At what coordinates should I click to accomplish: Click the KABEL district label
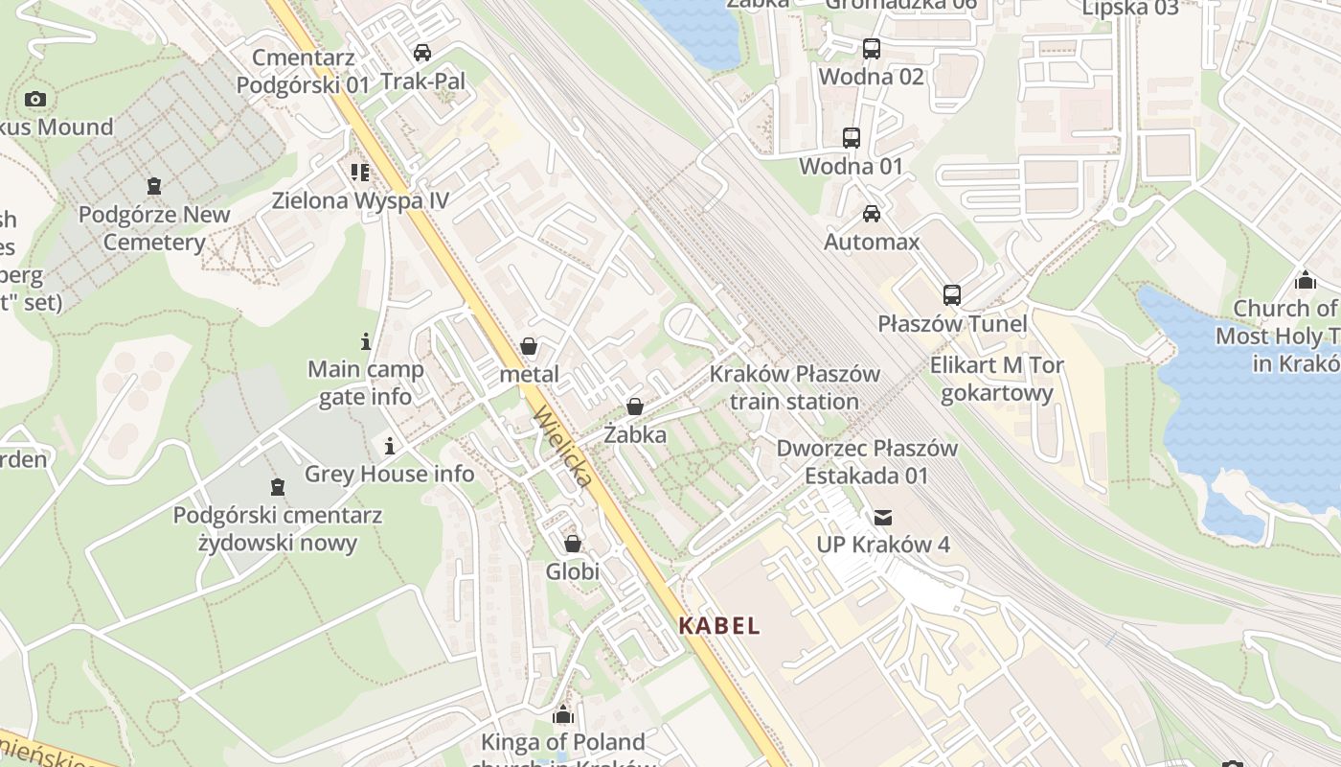719,626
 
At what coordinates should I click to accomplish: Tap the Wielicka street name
563,446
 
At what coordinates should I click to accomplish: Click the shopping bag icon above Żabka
634,407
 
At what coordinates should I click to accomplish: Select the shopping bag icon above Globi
573,545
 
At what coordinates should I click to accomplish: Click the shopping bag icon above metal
529,346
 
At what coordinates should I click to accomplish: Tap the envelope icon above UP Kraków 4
882,518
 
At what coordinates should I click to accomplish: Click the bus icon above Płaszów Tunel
951,295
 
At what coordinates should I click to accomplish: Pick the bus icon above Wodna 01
851,138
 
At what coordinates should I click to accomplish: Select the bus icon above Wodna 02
871,49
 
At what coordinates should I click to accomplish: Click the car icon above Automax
871,214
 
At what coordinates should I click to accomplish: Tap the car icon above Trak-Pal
421,53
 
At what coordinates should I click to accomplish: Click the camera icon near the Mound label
35,99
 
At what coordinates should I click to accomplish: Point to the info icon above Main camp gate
365,341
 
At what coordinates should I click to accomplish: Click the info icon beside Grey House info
390,446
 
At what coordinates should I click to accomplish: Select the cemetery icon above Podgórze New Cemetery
154,186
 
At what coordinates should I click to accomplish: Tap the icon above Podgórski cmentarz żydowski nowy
278,487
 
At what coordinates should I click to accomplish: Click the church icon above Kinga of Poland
562,714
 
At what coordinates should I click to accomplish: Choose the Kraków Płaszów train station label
794,387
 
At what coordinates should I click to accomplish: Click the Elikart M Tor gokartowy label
996,379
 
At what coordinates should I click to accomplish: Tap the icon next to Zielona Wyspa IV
360,173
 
